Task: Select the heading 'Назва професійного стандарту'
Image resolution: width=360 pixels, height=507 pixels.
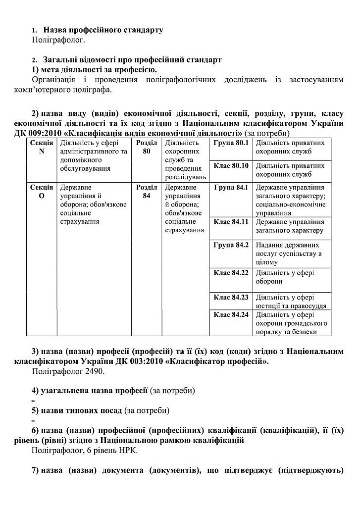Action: tap(103, 30)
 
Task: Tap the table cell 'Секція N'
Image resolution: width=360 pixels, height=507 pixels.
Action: tap(42, 147)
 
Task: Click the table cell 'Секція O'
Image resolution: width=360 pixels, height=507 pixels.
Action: tap(42, 192)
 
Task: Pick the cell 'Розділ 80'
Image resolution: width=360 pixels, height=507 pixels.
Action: tap(147, 147)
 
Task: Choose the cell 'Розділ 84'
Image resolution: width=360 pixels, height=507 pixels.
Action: tap(147, 192)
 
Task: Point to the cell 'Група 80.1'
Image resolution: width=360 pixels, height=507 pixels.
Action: tap(231, 143)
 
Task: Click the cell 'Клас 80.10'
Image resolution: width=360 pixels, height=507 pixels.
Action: tap(231, 165)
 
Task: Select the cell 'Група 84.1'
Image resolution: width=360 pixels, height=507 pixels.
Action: tap(231, 188)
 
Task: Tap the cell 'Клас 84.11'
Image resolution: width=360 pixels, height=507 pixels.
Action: tap(231, 221)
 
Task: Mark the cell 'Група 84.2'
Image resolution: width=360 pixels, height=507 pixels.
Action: tap(231, 245)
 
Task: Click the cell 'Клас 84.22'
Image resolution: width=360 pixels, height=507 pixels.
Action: tap(231, 272)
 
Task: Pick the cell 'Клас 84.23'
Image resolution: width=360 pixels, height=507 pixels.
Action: tap(231, 298)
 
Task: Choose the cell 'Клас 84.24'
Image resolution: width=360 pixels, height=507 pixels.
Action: tap(231, 314)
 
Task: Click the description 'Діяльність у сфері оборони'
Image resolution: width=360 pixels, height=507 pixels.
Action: tap(285, 277)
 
